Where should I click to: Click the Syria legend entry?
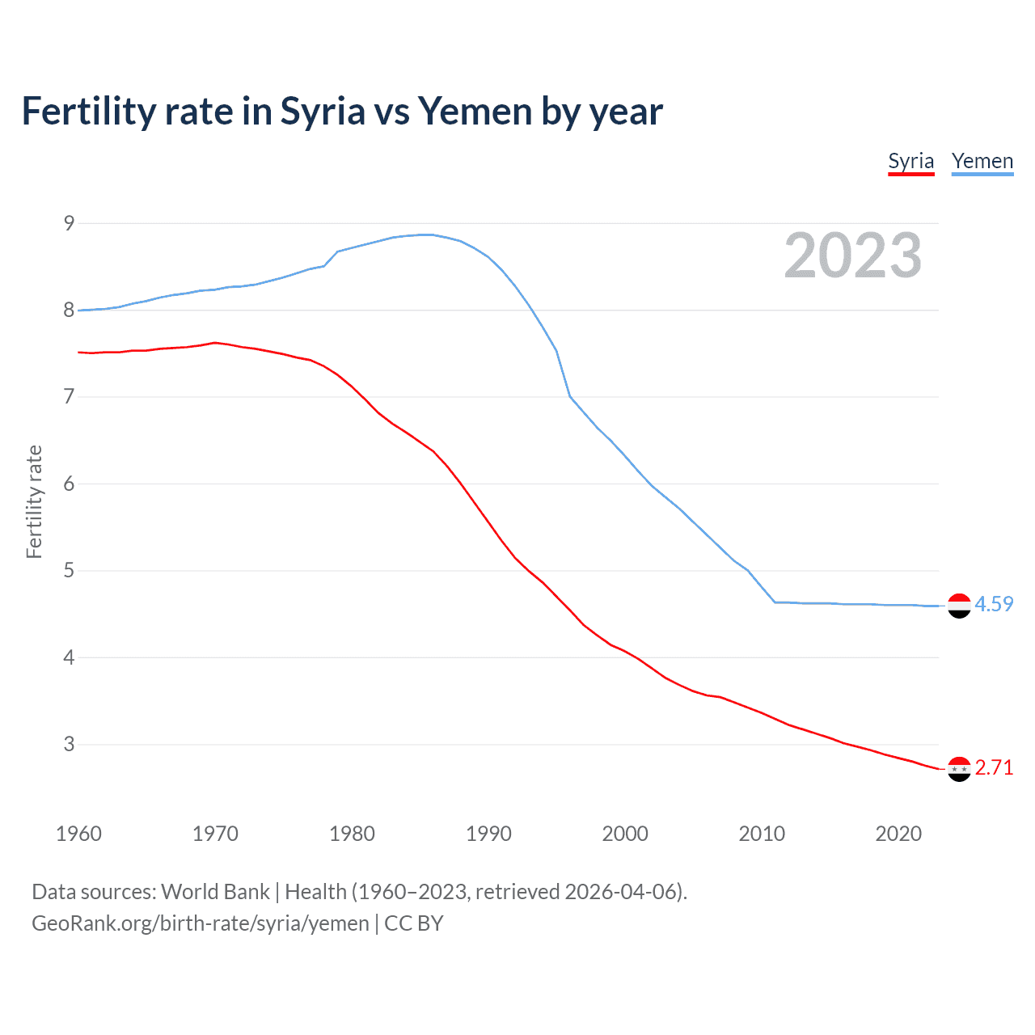click(x=910, y=161)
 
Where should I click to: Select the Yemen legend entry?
click(x=982, y=161)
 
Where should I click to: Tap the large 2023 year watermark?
click(x=852, y=256)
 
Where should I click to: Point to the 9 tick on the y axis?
click(x=70, y=223)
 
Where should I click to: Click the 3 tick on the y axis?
click(x=70, y=744)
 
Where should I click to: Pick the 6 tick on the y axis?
click(x=70, y=484)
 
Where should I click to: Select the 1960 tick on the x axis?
click(x=78, y=834)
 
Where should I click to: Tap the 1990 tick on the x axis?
click(x=488, y=834)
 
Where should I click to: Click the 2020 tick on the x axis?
click(x=898, y=834)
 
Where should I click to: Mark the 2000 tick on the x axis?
click(x=625, y=834)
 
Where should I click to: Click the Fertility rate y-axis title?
click(x=34, y=501)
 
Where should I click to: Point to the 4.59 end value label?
click(x=994, y=604)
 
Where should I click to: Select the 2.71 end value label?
click(x=994, y=767)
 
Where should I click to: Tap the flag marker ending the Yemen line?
click(x=959, y=605)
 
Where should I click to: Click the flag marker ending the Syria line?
click(x=959, y=769)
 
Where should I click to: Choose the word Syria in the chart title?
click(x=323, y=112)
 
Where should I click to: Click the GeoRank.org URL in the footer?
click(x=200, y=923)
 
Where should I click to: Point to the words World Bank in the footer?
click(x=215, y=892)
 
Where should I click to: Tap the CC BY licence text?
click(x=414, y=923)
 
